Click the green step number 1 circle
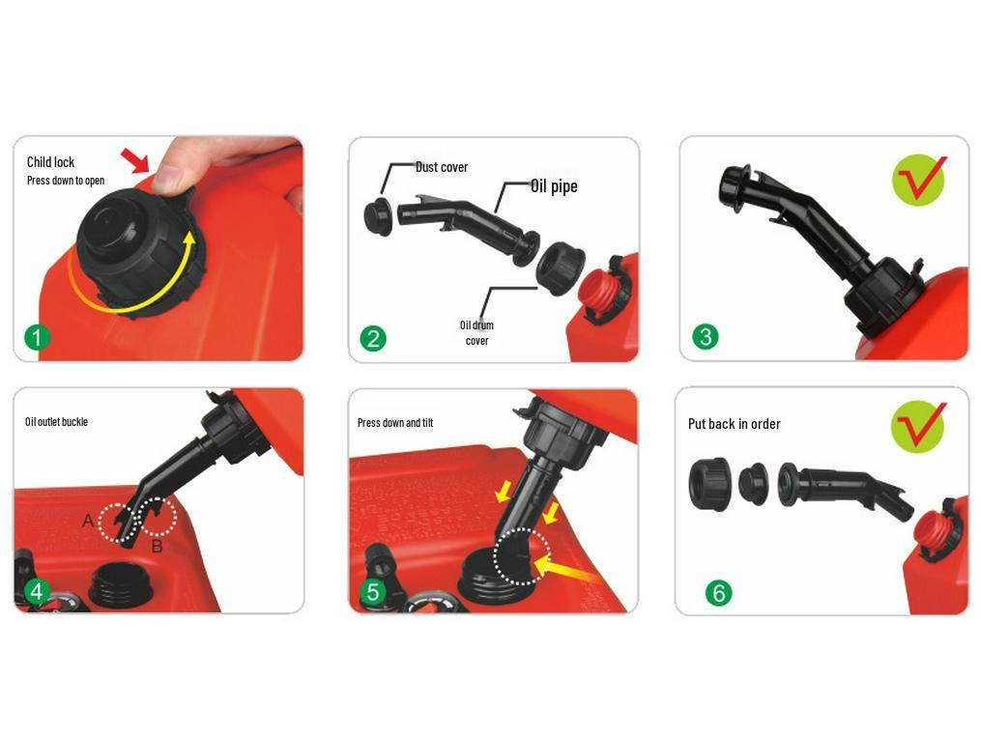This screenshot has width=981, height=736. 37,338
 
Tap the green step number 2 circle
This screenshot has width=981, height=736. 373,339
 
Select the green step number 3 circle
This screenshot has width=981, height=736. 706,337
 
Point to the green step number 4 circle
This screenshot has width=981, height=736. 37,591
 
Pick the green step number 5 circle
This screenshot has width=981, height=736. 373,591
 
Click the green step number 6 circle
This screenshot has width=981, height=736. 718,592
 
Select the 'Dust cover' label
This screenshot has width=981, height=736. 442,167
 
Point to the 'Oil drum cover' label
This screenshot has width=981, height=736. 476,332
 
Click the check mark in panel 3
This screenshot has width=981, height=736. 919,179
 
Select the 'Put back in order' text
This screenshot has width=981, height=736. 734,424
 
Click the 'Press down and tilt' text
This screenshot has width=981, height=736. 395,423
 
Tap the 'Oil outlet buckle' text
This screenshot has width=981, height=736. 56,422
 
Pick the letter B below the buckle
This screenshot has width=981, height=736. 157,547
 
